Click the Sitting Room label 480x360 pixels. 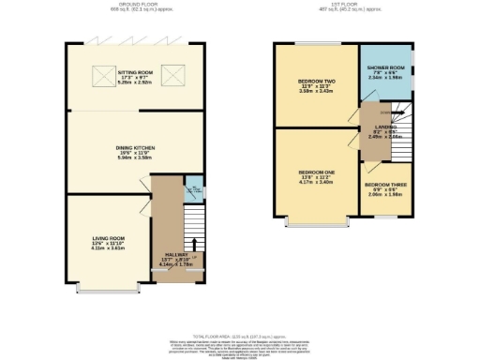(135, 71)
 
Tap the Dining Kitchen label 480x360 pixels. (135, 147)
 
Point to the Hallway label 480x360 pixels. (174, 254)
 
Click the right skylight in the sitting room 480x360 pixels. (170, 74)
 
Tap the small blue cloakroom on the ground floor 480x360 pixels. (193, 186)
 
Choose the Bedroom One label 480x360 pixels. (316, 173)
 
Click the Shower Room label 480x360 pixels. (384, 67)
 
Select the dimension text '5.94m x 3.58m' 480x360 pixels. (135, 157)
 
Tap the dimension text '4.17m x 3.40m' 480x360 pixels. (316, 184)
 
